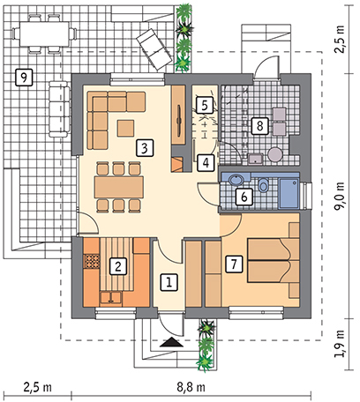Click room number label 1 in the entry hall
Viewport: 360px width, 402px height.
pyautogui.click(x=169, y=282)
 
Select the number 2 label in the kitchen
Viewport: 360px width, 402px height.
pyautogui.click(x=118, y=266)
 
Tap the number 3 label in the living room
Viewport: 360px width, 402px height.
pyautogui.click(x=145, y=148)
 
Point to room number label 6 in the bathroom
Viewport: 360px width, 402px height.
pyautogui.click(x=244, y=197)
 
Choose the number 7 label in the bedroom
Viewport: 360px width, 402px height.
pyautogui.click(x=234, y=264)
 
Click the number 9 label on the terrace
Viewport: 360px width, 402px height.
pyautogui.click(x=24, y=78)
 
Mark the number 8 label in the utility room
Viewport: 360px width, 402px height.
pyautogui.click(x=259, y=126)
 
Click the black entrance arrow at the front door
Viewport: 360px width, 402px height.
pyautogui.click(x=172, y=342)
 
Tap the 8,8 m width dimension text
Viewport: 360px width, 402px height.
pyautogui.click(x=191, y=387)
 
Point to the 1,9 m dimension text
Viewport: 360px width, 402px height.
pyautogui.click(x=340, y=344)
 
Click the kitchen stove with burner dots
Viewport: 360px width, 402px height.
pyautogui.click(x=92, y=261)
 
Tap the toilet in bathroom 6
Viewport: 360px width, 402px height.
pyautogui.click(x=263, y=185)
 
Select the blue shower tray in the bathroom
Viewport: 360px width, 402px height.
pyautogui.click(x=289, y=193)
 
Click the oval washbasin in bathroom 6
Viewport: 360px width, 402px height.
pyautogui.click(x=236, y=180)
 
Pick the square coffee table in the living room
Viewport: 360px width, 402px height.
pyautogui.click(x=126, y=128)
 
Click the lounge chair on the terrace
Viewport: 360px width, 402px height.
pyautogui.click(x=154, y=49)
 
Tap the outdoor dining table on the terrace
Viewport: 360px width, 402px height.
pyautogui.click(x=44, y=33)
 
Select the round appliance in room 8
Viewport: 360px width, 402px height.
pyautogui.click(x=275, y=154)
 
